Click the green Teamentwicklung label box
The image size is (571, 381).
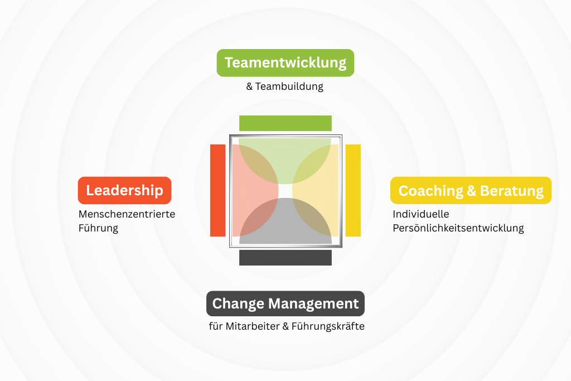[x=285, y=63]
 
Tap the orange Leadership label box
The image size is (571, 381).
[x=124, y=191]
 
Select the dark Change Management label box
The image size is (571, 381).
[x=285, y=303]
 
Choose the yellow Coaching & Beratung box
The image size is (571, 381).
[x=471, y=191]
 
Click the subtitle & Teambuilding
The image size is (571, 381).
[x=285, y=86]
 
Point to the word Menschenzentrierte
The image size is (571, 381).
[x=127, y=214]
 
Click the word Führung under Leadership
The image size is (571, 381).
[x=98, y=228]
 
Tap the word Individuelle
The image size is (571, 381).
[x=421, y=214]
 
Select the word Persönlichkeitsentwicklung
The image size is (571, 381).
[x=458, y=228]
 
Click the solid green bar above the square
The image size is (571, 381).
[x=285, y=123]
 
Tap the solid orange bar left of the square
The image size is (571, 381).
[x=218, y=191]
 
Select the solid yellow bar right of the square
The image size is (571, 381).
[x=353, y=191]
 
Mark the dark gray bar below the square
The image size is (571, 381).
[x=285, y=258]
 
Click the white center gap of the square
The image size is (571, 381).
[x=285, y=191]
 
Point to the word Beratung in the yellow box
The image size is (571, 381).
[x=512, y=191]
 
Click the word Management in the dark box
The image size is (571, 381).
[x=313, y=304]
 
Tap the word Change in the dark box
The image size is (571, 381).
[x=238, y=304]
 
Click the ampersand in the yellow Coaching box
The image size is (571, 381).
[x=471, y=191]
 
